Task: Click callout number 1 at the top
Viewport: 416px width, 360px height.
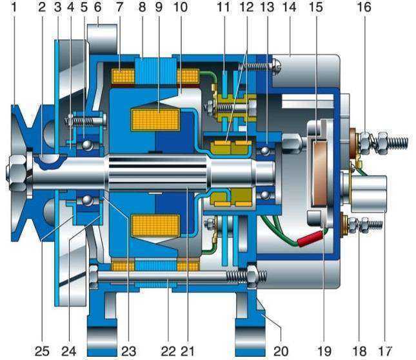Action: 14,7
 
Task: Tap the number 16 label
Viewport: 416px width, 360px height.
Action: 364,7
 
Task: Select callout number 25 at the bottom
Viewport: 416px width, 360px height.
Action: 42,351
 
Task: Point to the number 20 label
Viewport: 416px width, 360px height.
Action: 281,351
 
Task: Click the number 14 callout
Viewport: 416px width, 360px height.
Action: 289,7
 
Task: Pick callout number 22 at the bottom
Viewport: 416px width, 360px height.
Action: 168,351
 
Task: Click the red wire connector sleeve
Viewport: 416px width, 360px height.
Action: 311,237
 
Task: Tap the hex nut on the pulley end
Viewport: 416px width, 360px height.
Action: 16,172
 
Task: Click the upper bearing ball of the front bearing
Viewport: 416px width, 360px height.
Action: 87,145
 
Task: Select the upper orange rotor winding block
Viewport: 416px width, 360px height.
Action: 155,119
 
